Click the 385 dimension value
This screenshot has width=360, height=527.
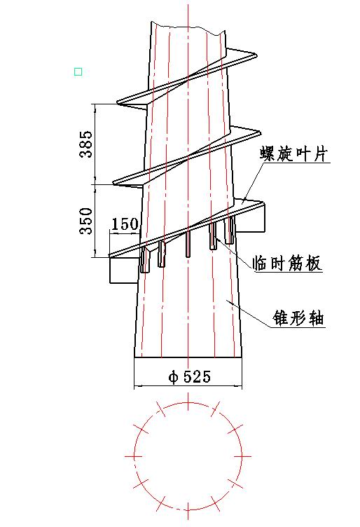click(85, 144)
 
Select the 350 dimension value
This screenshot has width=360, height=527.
click(85, 221)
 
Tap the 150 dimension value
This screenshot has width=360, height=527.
click(125, 224)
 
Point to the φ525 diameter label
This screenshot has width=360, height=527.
click(189, 376)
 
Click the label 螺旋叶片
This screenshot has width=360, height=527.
click(293, 154)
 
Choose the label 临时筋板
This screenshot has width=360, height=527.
click(287, 263)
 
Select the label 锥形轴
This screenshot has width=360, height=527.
click(298, 317)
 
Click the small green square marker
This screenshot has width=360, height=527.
click(78, 71)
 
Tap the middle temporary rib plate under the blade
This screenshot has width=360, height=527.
click(188, 244)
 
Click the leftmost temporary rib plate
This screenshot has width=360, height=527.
click(145, 259)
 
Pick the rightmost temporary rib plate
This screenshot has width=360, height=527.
click(230, 231)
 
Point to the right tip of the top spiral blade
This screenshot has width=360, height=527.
click(257, 54)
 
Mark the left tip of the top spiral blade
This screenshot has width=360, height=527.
click(118, 102)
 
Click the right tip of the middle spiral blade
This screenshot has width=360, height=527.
click(261, 132)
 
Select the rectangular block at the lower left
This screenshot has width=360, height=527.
click(124, 270)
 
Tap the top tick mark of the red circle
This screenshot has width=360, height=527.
click(188, 402)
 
